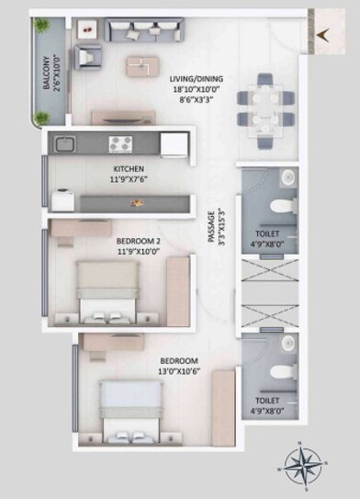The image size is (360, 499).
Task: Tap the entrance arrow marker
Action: click(x=321, y=36)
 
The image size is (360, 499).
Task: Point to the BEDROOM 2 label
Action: click(x=139, y=240)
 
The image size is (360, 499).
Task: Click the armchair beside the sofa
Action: click(x=87, y=57)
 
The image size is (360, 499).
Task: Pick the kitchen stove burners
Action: click(x=122, y=142)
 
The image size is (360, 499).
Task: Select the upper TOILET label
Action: click(x=267, y=234)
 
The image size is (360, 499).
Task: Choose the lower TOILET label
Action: click(x=267, y=402)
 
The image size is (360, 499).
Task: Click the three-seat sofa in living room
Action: click(x=142, y=34)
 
